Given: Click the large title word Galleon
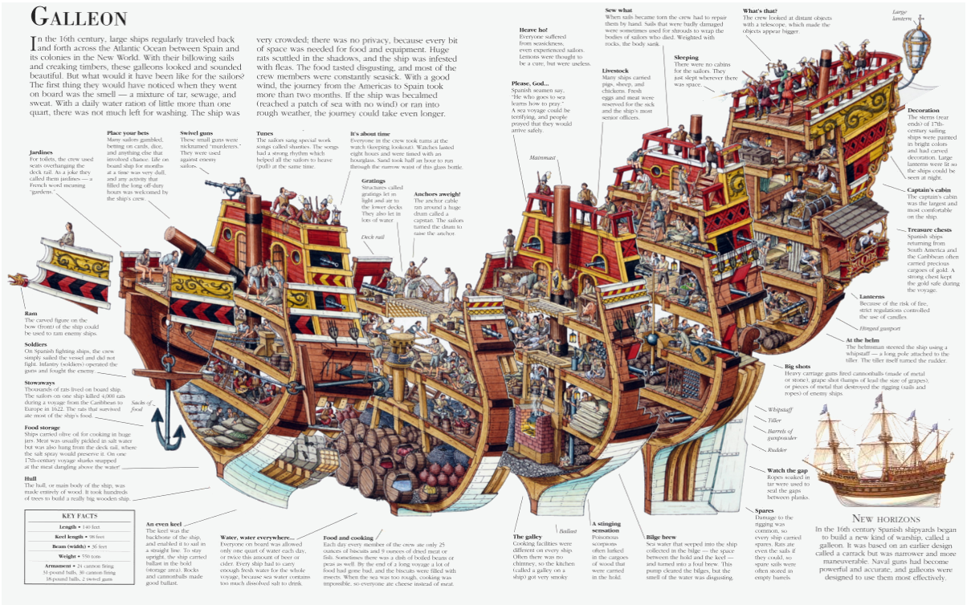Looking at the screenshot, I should click(x=78, y=18).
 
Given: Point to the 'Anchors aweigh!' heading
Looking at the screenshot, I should click(x=438, y=194).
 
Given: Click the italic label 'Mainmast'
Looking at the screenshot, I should click(x=520, y=157).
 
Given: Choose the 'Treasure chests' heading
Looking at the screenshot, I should click(x=929, y=230).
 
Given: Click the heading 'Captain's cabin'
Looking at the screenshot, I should click(x=930, y=190).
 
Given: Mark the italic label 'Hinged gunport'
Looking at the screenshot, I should click(x=880, y=328).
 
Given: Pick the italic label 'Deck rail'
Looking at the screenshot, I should click(x=373, y=238).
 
